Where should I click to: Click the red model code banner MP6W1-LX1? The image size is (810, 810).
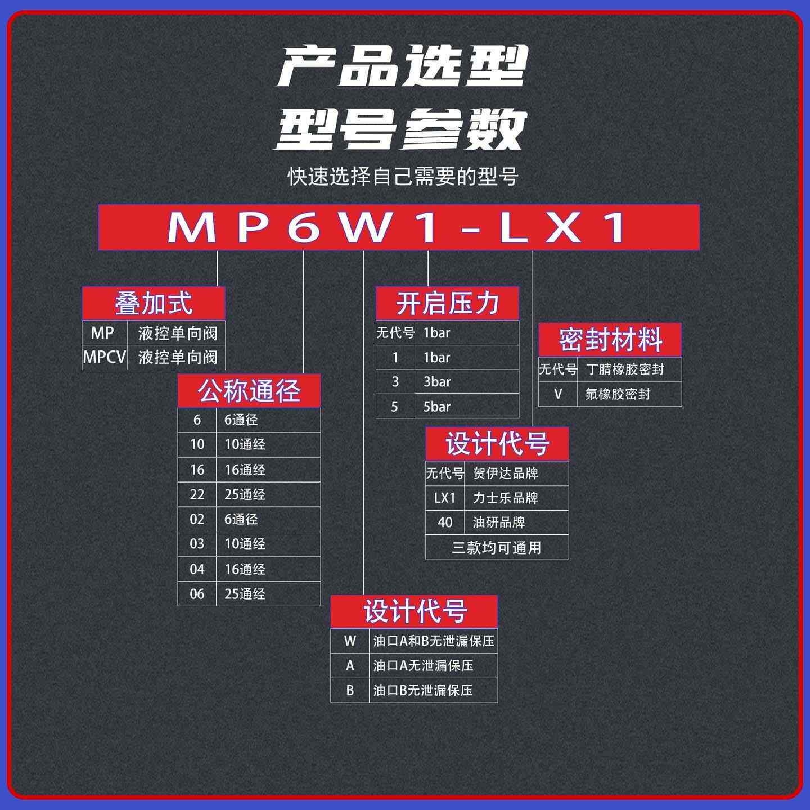click(399, 227)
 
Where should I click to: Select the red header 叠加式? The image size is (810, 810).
click(154, 304)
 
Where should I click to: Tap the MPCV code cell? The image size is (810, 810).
click(105, 357)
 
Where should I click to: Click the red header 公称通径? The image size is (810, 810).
click(249, 391)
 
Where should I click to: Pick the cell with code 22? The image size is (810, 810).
click(197, 494)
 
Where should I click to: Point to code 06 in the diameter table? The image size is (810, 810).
click(197, 594)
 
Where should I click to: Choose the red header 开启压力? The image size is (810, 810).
click(447, 304)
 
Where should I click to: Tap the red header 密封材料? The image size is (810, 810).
click(610, 340)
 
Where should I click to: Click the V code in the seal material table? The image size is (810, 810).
click(558, 394)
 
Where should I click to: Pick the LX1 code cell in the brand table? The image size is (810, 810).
click(445, 498)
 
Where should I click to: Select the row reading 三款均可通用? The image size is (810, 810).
click(497, 547)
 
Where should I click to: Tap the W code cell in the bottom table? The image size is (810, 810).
click(350, 641)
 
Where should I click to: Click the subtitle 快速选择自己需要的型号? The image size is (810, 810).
click(403, 176)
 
